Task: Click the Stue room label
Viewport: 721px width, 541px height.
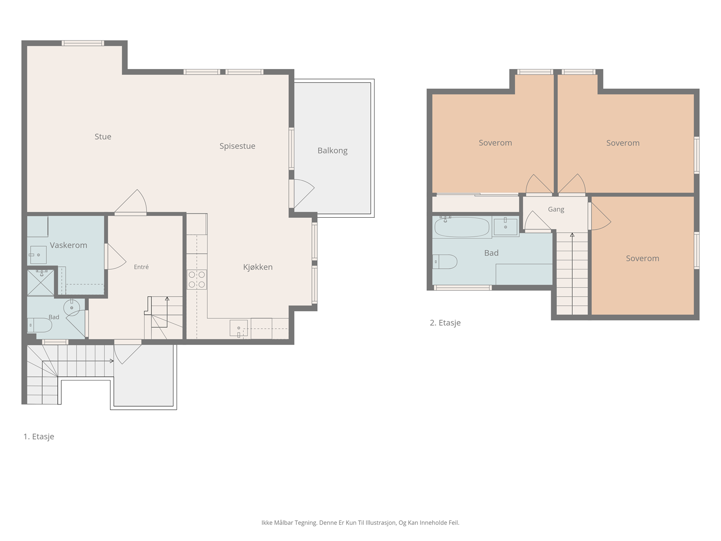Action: [x=103, y=137]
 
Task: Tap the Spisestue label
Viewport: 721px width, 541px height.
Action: [x=237, y=146]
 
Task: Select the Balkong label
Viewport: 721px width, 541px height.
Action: [x=333, y=151]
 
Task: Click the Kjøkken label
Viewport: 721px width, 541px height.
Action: [x=258, y=267]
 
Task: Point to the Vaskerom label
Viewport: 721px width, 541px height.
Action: [x=68, y=245]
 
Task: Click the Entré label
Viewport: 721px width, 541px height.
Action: [x=141, y=267]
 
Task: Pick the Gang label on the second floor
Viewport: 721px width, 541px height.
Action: [x=556, y=210]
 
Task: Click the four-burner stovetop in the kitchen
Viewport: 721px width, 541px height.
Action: [x=197, y=280]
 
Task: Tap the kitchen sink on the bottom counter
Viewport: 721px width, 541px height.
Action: [x=239, y=329]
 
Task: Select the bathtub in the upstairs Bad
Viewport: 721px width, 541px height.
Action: [x=462, y=227]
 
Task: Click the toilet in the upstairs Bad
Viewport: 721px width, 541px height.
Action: [x=445, y=262]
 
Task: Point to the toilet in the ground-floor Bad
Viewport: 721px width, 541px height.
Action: [x=39, y=325]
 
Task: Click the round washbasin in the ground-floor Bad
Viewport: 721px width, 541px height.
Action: [x=72, y=307]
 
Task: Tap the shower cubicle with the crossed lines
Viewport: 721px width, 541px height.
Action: [x=41, y=283]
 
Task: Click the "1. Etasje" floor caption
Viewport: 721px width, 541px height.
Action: [x=39, y=436]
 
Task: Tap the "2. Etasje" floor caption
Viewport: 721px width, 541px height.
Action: [x=445, y=323]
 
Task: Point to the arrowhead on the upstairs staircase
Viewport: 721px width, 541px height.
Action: [x=572, y=235]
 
